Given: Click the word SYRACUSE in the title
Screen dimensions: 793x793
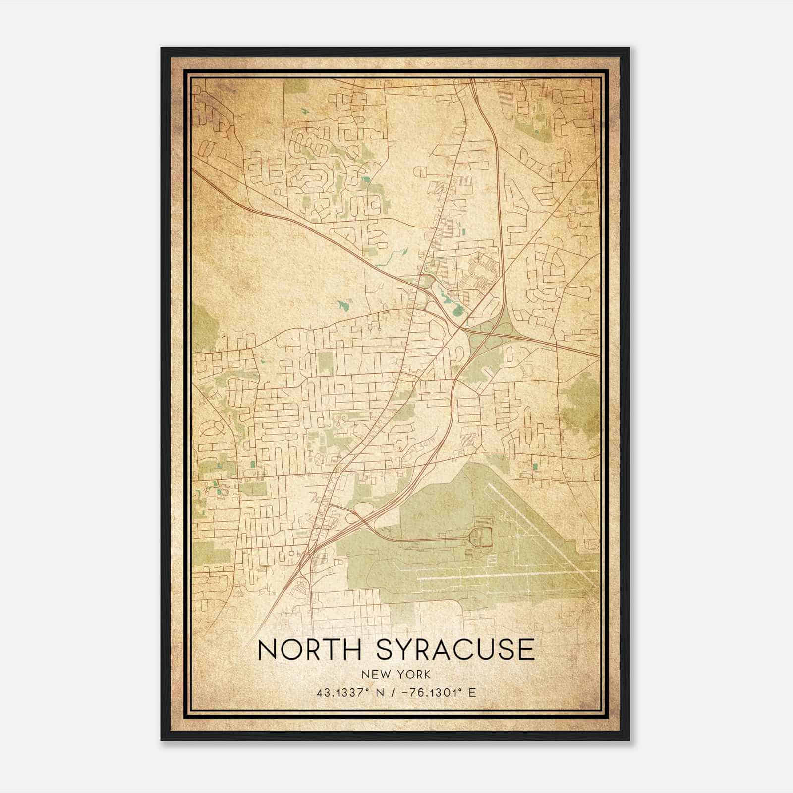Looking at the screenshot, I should pyautogui.click(x=456, y=649).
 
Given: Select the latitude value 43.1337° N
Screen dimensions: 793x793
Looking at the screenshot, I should pyautogui.click(x=345, y=692).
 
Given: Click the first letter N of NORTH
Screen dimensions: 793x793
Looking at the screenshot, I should pyautogui.click(x=268, y=649).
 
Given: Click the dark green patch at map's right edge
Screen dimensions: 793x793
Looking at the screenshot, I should pyautogui.click(x=580, y=396).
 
